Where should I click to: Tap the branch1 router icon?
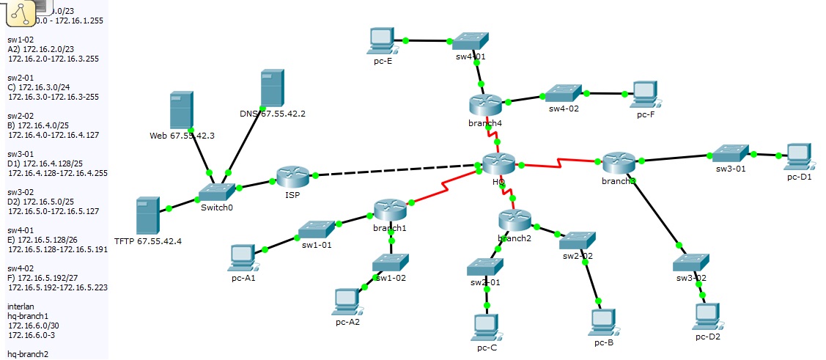point(390,210)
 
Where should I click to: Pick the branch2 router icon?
point(514,219)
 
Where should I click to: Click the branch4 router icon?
point(485,105)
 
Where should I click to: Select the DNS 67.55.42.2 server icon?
point(271,89)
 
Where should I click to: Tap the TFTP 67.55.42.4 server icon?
point(148,215)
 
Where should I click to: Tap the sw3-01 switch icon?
point(729,153)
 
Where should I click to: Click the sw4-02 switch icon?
point(563,92)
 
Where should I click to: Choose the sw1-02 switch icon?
point(390,262)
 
